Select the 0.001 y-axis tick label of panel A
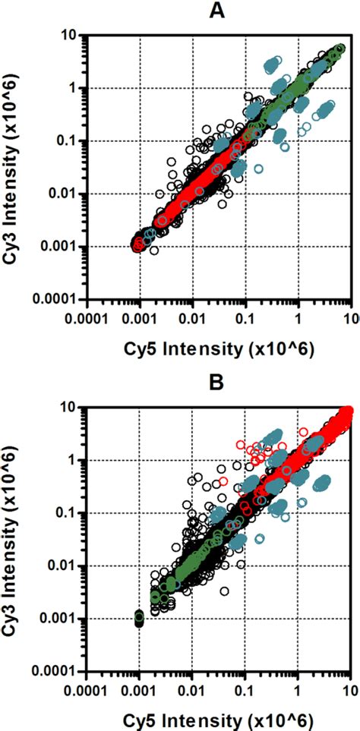point(59,247)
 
